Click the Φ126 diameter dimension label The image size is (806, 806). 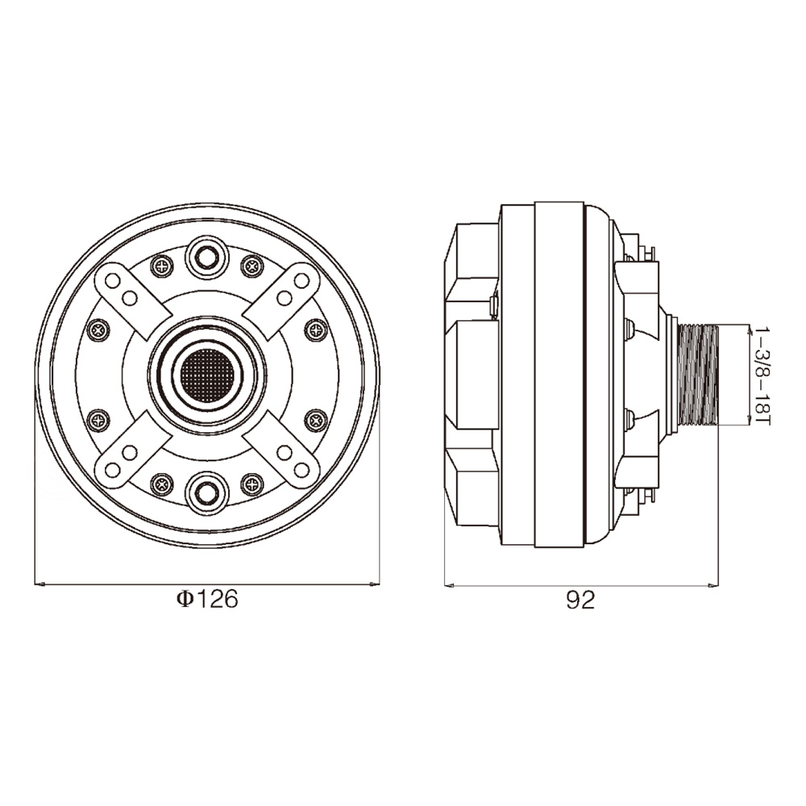tap(207, 600)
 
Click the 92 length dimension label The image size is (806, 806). tap(580, 600)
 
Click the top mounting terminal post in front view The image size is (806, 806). tap(207, 257)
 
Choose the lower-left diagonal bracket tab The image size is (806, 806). tap(133, 451)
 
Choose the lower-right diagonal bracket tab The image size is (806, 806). tap(282, 451)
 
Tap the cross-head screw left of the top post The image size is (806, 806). tap(163, 266)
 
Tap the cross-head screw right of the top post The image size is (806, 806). tap(251, 266)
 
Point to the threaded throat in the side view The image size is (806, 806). tap(698, 376)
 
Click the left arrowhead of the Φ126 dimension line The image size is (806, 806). tap(40, 584)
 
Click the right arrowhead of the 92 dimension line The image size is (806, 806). tap(713, 584)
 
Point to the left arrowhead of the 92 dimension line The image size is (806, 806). tap(451, 584)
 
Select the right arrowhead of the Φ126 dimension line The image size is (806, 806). tap(373, 584)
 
